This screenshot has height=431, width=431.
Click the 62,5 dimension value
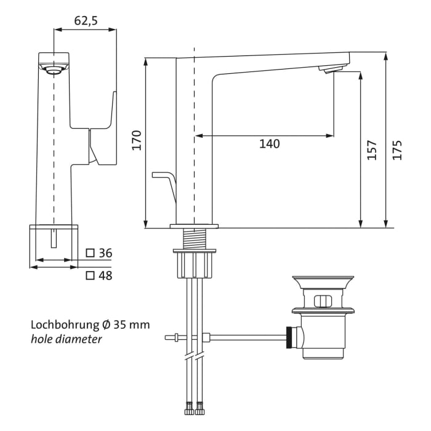[86, 20]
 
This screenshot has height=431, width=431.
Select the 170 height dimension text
[137, 140]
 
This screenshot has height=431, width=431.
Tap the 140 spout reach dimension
[269, 144]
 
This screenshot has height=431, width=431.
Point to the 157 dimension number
[372, 150]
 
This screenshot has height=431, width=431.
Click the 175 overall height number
[398, 150]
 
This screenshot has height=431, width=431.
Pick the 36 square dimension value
[105, 253]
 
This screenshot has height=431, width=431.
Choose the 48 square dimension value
[105, 276]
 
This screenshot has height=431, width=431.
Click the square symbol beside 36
[90, 253]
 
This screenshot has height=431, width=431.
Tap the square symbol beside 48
[90, 276]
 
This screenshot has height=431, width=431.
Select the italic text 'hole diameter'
[66, 339]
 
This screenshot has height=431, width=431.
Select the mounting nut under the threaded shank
[194, 265]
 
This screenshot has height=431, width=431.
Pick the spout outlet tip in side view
[331, 70]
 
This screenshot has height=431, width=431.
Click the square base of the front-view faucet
[54, 246]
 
